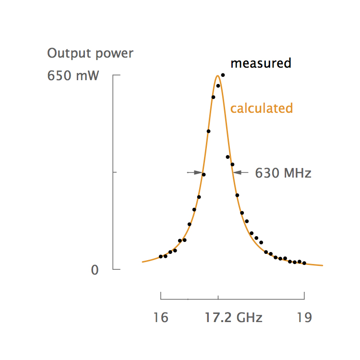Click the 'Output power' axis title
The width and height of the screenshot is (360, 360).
pos(90,53)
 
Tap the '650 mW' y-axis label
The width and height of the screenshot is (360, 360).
pos(73,76)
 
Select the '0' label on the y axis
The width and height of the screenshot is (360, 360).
pos(95,270)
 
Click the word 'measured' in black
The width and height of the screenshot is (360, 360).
pos(261,63)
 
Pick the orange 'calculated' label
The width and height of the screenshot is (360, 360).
pos(261,108)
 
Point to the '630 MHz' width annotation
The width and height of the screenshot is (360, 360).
pos(283,173)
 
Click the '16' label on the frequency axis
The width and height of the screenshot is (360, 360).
pos(161,318)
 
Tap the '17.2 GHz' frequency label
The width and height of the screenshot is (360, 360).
pos(233,318)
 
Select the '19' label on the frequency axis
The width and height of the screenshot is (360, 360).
pos(304,318)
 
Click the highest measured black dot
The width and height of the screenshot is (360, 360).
pos(223,75)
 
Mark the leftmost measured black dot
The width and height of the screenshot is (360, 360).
pos(161,257)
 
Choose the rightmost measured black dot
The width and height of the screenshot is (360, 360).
pos(304,263)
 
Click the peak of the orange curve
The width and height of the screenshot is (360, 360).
pos(218,75)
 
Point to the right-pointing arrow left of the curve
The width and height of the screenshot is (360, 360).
pos(194,172)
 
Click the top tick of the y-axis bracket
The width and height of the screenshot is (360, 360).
pos(116,76)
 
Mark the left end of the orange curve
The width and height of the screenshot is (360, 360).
pos(143,262)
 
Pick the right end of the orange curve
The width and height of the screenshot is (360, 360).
pos(323,265)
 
